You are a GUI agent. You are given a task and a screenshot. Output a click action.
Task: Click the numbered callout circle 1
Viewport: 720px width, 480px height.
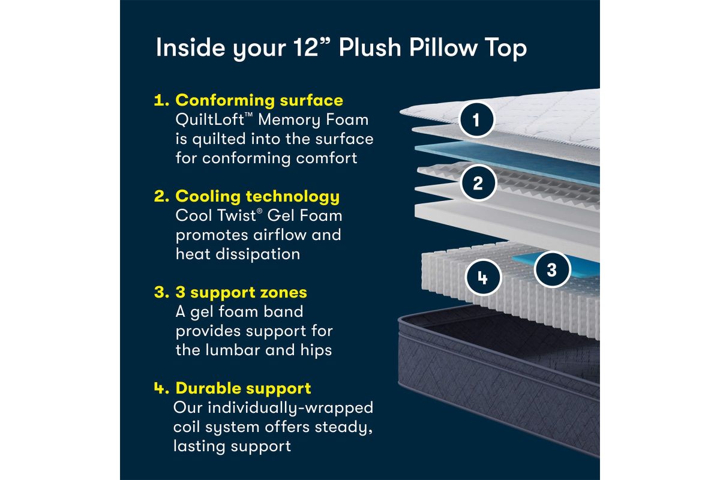point(476,120)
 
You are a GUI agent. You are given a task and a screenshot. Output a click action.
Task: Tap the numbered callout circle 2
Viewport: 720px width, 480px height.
point(478,183)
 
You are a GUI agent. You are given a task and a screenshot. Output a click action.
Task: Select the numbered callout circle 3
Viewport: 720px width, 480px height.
point(552,269)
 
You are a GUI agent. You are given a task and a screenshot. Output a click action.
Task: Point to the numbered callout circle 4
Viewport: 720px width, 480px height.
point(483,277)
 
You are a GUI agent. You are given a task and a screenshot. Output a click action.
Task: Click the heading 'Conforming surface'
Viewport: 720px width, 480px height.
point(259,100)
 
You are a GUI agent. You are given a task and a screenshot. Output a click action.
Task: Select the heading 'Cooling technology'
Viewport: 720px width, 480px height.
point(257,196)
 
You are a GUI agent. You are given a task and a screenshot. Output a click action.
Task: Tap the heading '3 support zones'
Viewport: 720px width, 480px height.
point(241,293)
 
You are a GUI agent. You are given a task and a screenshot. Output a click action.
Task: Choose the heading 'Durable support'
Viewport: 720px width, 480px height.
point(243,388)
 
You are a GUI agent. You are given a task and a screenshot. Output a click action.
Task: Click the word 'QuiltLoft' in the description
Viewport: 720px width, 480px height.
point(210,119)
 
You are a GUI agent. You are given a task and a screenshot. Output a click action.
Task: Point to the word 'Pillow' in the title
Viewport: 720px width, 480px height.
point(443,48)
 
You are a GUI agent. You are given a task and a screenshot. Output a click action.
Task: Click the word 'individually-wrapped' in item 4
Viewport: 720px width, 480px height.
point(290,408)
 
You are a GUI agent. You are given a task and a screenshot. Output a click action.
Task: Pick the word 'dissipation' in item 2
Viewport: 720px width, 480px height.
point(258,254)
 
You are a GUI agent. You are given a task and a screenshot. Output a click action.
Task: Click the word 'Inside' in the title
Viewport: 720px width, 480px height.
point(190,48)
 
